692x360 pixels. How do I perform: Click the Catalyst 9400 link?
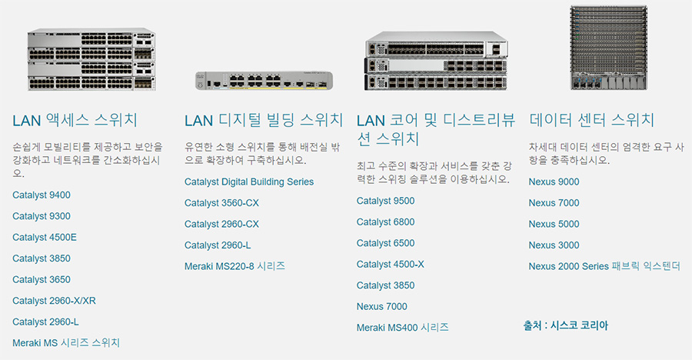tap(42, 195)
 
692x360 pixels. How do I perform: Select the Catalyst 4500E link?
tap(45, 238)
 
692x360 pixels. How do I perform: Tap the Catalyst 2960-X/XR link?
tap(55, 301)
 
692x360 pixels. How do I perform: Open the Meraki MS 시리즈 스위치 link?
tap(66, 343)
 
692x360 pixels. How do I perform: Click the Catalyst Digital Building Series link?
tap(249, 182)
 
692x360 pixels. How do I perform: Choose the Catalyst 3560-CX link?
tap(222, 203)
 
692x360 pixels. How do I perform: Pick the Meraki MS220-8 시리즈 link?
tap(235, 266)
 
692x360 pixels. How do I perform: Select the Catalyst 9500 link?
tap(386, 201)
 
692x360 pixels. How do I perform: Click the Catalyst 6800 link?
tap(386, 222)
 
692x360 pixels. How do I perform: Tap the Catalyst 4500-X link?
tap(391, 265)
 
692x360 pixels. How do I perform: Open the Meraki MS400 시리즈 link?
tap(403, 328)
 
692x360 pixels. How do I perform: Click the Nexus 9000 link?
tap(554, 182)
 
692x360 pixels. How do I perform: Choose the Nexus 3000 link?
tap(554, 245)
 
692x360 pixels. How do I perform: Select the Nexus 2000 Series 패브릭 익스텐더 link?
tap(604, 266)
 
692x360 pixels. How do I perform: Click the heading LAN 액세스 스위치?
tap(75, 120)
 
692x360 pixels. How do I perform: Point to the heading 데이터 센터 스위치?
tap(592, 120)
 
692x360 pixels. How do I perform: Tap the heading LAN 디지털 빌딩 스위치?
tap(264, 120)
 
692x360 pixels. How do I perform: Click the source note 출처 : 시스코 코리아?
tap(566, 325)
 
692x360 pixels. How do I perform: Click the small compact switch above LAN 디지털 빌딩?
tap(264, 81)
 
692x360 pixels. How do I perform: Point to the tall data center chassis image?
tap(609, 47)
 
